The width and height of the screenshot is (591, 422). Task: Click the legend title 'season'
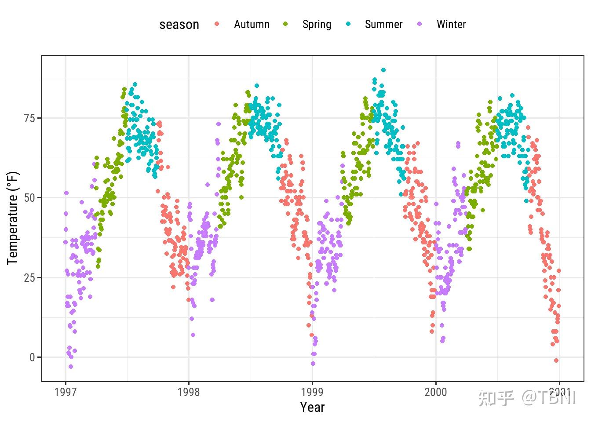tap(179, 25)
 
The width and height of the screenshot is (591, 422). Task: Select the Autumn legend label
tap(252, 24)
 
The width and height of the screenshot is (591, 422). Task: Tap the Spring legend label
tap(317, 24)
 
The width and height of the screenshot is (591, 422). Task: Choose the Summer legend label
tap(383, 24)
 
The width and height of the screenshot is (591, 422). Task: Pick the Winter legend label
tap(451, 24)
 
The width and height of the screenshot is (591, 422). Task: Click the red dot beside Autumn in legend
tap(217, 24)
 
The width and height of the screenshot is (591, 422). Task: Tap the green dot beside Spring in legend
tap(285, 24)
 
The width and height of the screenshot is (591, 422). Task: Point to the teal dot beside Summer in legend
tap(349, 24)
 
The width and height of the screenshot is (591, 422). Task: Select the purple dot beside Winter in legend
tap(420, 24)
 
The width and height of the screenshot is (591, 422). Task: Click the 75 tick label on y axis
tap(29, 118)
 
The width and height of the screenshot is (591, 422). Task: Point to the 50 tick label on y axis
tap(29, 198)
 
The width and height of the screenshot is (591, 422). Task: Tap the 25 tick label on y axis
tap(29, 278)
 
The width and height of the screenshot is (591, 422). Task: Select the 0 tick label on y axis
tap(32, 357)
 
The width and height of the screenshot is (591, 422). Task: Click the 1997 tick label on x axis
tap(66, 392)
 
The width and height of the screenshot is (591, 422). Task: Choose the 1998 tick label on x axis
tap(189, 392)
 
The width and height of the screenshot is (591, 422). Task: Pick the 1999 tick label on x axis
tap(312, 392)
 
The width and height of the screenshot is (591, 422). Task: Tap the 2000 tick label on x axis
tap(435, 392)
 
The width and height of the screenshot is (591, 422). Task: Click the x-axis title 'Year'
tap(312, 407)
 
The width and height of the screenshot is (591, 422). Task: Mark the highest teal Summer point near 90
tap(383, 70)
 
